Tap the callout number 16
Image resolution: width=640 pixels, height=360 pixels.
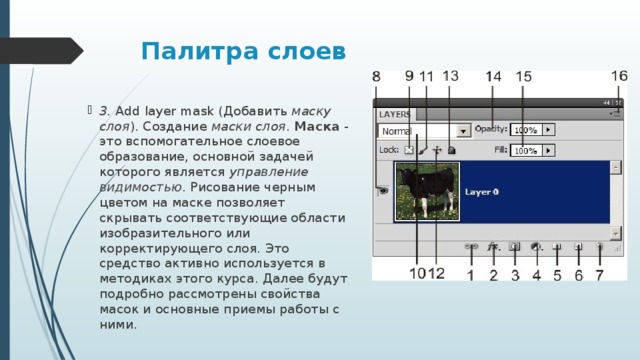click(619, 76)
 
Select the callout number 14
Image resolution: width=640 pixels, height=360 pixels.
click(494, 77)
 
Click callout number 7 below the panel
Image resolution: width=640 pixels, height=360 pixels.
click(599, 274)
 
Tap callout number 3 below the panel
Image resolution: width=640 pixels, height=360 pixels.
click(515, 274)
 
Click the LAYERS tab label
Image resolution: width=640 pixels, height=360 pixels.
click(395, 114)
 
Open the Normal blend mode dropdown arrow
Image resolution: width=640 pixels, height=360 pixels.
click(463, 130)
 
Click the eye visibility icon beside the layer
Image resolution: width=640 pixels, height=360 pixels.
click(383, 191)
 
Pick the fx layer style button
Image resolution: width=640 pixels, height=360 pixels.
click(492, 246)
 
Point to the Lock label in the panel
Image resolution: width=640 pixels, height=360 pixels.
click(388, 150)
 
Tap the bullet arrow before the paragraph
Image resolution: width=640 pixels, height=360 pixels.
click(90, 110)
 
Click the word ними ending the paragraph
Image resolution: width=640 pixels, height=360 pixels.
click(117, 324)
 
